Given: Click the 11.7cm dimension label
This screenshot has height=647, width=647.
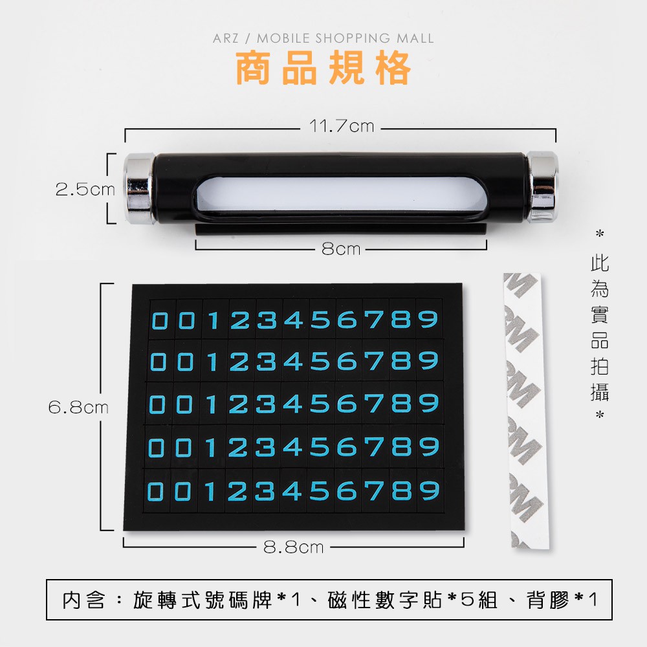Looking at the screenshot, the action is click(342, 126).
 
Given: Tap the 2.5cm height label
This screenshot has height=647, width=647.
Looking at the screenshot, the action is click(85, 190).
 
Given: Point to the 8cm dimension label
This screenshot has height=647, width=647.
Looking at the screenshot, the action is click(341, 249).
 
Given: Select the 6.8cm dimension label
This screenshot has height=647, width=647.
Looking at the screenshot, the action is click(78, 408).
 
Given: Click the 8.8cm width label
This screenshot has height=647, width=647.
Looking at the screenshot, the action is click(293, 547).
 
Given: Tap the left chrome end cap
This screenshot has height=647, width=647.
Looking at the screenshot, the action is click(139, 188).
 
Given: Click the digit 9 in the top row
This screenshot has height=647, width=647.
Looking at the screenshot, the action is click(428, 320).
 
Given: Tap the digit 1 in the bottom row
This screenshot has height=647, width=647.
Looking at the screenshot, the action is click(210, 491).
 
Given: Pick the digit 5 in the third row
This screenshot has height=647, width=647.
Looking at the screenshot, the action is click(320, 403).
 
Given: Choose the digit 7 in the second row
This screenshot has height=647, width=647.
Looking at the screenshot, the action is click(375, 361).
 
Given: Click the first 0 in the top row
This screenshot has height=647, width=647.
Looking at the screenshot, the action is click(160, 321).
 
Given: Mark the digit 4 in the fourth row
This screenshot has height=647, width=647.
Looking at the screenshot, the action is click(293, 447).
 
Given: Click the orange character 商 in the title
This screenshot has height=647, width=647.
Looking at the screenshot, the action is click(253, 68).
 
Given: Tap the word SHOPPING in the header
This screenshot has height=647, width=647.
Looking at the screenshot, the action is click(353, 38).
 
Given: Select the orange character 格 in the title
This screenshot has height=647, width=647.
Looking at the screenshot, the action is click(393, 68).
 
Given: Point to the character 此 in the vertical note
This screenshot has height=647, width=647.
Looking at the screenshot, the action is click(600, 263).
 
